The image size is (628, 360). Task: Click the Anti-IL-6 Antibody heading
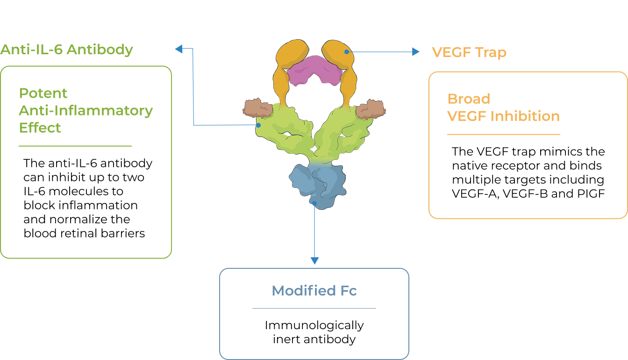tap(67, 50)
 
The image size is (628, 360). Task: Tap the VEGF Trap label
tap(469, 52)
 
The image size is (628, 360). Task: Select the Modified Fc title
tap(314, 291)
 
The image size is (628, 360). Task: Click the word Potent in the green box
tap(43, 93)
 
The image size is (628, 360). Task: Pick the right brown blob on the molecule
tap(371, 108)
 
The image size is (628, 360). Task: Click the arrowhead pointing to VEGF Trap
tap(416, 52)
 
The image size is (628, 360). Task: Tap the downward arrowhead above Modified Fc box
tap(314, 260)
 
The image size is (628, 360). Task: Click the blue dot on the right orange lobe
tap(347, 52)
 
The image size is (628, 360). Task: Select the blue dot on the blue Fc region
tap(315, 203)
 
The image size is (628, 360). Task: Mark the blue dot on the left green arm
tap(258, 125)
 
